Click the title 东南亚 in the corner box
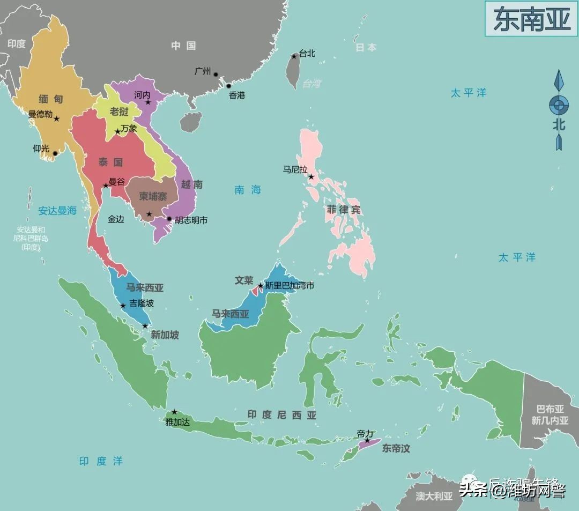click(x=531, y=19)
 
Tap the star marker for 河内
click(x=149, y=102)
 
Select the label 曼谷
click(x=117, y=182)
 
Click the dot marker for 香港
click(x=228, y=86)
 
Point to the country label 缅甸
click(x=51, y=99)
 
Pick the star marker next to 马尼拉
click(x=311, y=176)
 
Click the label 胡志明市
click(x=191, y=220)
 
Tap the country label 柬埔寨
click(x=153, y=196)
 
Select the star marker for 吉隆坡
click(x=123, y=306)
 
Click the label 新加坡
click(x=165, y=335)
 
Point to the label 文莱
click(x=244, y=280)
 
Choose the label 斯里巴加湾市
click(x=289, y=286)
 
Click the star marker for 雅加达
click(x=174, y=412)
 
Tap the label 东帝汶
click(x=396, y=448)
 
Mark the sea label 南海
click(x=248, y=189)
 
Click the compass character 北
click(x=559, y=124)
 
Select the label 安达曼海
click(x=57, y=211)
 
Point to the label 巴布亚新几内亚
click(x=550, y=416)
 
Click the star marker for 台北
click(x=294, y=56)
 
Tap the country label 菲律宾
click(x=344, y=210)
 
